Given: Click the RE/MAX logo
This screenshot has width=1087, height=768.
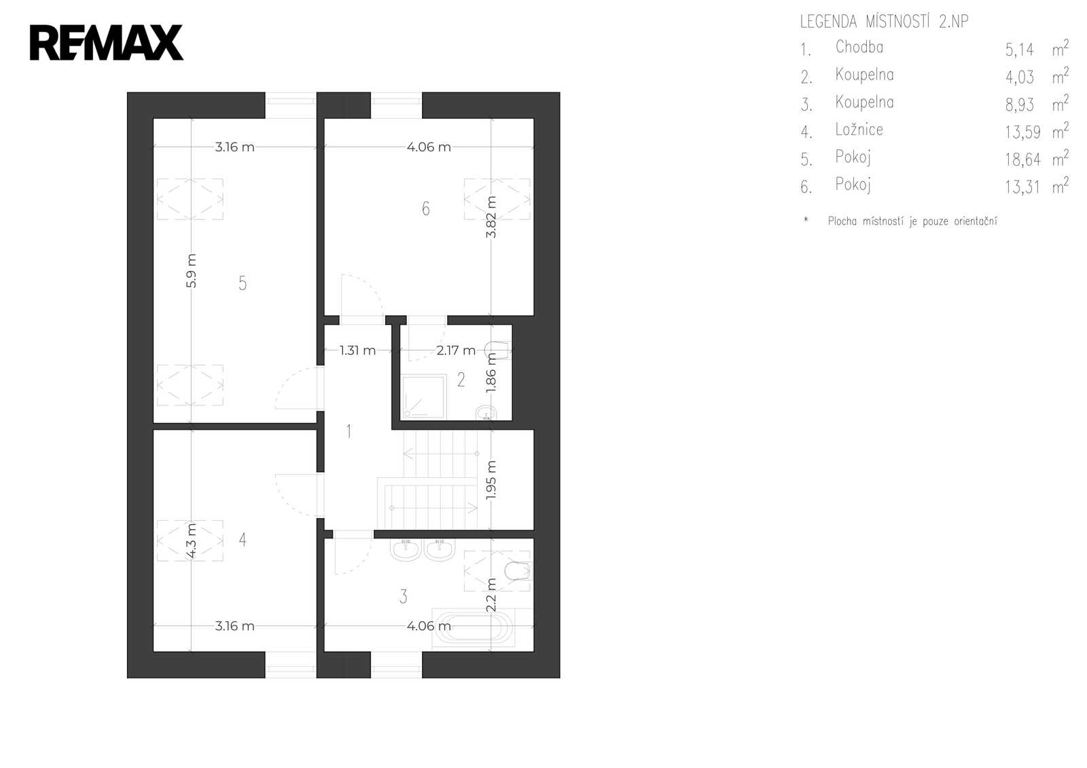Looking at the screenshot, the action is pos(106,43).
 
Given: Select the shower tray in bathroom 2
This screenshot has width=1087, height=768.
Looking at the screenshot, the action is pos(424,397).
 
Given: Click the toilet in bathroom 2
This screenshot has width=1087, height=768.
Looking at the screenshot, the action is pos(498,350).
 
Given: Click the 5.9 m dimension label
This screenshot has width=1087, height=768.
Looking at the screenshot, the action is pos(191,271).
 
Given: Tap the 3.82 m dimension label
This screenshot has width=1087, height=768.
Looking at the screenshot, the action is pos(491,217).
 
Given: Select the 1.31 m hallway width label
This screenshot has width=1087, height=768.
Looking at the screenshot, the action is pos(357,350).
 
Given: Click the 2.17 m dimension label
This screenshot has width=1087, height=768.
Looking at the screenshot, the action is pos(456,350).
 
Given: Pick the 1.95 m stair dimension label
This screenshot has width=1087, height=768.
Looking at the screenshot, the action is pos(491,480).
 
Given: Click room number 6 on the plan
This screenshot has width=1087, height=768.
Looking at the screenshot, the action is pos(425,209).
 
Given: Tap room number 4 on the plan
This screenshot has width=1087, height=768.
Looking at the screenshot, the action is pos(243,539).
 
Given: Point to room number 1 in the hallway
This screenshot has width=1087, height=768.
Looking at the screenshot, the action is pos(349,431).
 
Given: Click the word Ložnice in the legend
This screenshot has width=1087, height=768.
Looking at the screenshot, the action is pos(859,130).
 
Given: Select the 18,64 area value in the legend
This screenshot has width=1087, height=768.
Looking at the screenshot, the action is pos(1023,160).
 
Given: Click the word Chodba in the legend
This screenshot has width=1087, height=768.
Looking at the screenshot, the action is pos(859,47).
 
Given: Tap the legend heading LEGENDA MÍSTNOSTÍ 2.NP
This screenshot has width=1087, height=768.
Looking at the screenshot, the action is pos(884,22).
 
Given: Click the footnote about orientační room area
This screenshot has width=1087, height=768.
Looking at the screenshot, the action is pos(912,222).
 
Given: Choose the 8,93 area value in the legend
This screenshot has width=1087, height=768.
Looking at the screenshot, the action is pos(1020,105).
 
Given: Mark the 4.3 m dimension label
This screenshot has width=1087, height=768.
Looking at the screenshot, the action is pos(191,541).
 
